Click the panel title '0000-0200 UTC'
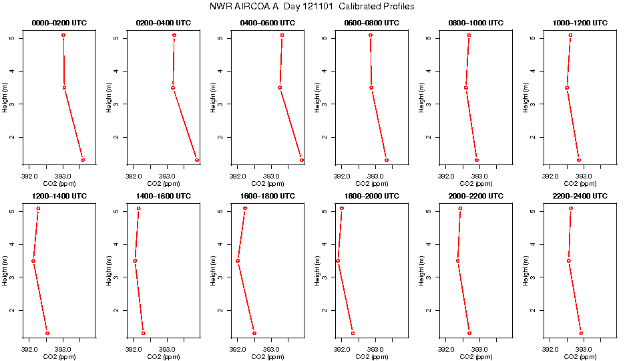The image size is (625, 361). coord(59,23)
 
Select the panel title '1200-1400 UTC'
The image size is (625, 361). coord(59,196)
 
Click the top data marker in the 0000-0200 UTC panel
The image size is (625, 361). coord(63,35)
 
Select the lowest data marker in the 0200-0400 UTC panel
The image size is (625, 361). coord(197,160)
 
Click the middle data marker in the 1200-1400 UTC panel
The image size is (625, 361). coord(33,261)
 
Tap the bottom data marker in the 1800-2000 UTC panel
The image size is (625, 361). coord(353,333)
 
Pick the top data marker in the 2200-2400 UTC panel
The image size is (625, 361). coord(571,209)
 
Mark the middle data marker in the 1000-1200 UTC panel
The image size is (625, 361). coord(567,88)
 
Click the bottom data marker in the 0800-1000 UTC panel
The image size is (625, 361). coord(477,160)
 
